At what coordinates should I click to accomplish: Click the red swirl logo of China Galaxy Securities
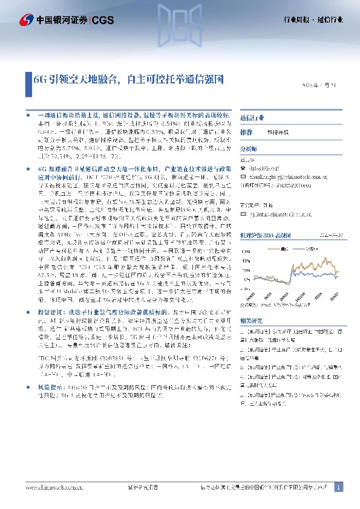pyautogui.click(x=25, y=20)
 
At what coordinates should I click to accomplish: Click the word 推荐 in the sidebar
pyautogui.click(x=246, y=132)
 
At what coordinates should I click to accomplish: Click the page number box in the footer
pyautogui.click(x=338, y=487)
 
